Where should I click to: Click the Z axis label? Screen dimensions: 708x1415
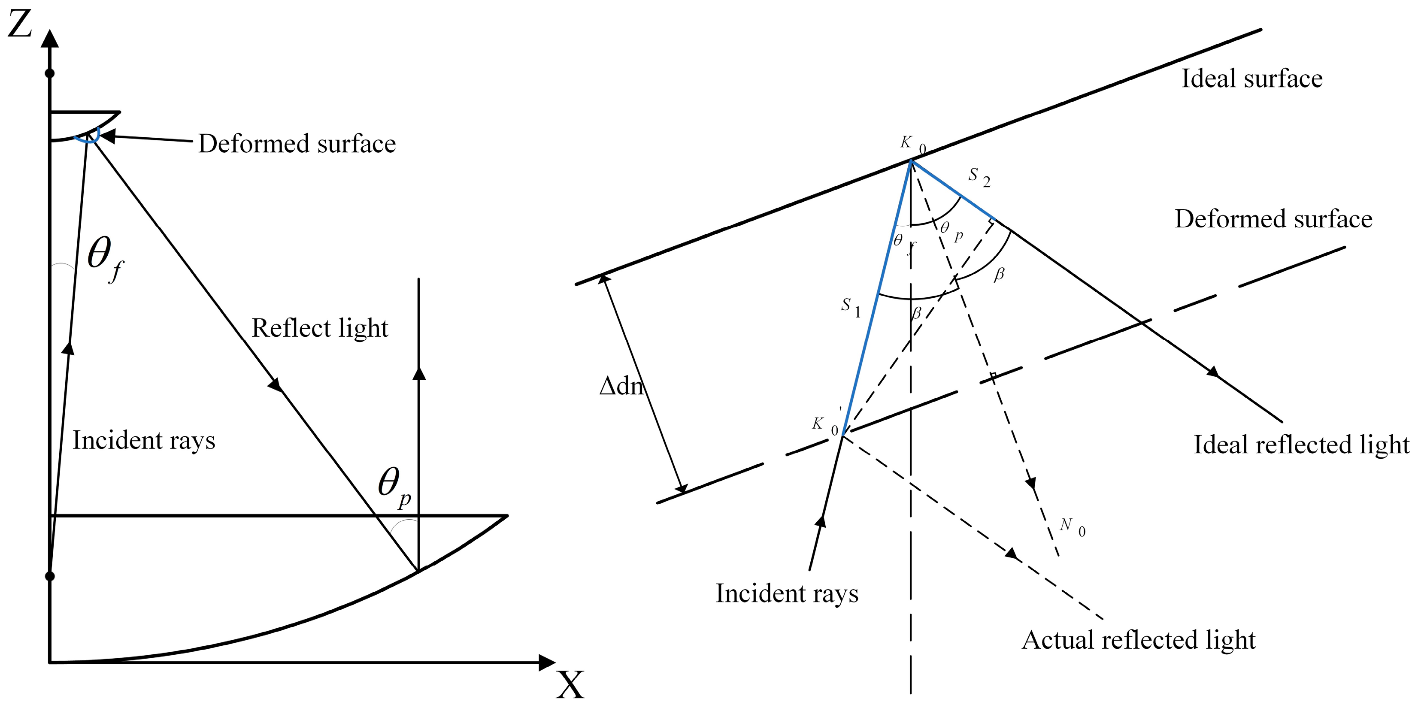(19, 25)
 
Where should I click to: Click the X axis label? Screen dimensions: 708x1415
(570, 684)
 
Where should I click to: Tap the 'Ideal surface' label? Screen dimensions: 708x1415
(1252, 79)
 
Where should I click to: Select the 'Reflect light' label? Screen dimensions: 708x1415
(320, 328)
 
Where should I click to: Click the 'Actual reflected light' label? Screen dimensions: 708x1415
(1138, 640)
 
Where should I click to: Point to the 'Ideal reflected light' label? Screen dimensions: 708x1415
(1301, 445)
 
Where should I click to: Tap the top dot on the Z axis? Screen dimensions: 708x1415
(50, 73)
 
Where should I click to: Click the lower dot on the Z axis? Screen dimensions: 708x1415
(50, 576)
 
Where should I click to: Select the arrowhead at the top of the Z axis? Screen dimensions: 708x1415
(50, 39)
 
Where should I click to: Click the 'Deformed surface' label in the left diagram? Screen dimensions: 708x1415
(297, 144)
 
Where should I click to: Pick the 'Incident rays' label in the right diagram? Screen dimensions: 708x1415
(787, 593)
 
